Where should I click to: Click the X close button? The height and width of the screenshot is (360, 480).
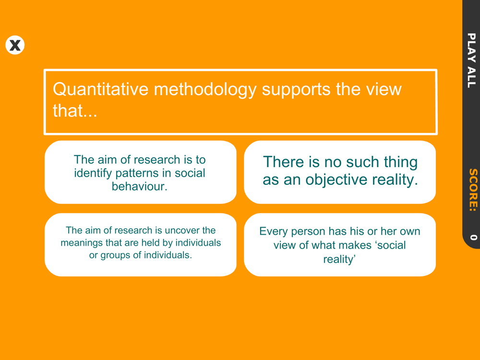[x=15, y=45]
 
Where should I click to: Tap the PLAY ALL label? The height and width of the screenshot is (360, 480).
[x=471, y=60]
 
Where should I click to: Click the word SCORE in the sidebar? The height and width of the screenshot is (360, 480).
[x=473, y=190]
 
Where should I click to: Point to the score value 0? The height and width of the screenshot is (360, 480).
[x=473, y=237]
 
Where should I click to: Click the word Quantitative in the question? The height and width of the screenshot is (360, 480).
[x=101, y=89]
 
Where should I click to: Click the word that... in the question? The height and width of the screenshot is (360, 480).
[x=75, y=110]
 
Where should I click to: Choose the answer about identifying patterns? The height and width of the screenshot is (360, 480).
[x=141, y=172]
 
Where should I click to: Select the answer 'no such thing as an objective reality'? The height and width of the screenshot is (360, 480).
[x=340, y=172]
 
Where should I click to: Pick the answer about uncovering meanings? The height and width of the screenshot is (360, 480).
[x=141, y=245]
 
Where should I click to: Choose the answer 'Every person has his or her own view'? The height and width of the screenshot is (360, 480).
[x=340, y=245]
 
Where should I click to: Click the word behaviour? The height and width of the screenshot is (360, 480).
[x=140, y=186]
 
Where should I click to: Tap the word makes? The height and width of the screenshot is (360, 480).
[x=359, y=245]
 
